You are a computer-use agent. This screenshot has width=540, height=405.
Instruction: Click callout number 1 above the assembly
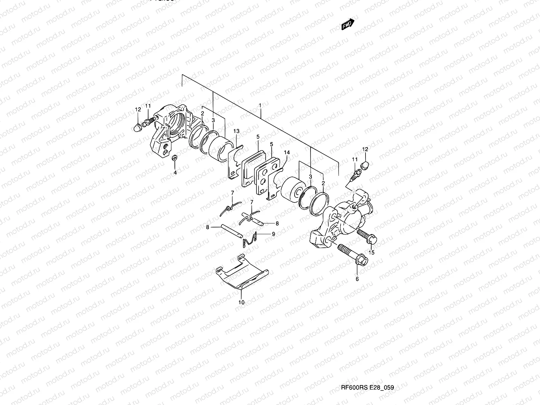[260, 106]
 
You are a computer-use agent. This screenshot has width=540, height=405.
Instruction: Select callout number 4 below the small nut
[175, 172]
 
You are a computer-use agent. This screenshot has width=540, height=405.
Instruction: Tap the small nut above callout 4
[174, 158]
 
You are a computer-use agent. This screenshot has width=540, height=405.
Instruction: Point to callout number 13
[236, 131]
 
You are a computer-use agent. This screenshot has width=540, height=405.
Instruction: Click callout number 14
[287, 153]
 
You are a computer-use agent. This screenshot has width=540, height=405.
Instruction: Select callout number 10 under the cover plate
[241, 302]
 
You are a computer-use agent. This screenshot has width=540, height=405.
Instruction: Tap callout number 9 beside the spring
[273, 234]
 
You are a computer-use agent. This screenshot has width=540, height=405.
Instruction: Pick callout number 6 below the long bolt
[357, 279]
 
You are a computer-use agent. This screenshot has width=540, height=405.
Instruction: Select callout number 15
[372, 252]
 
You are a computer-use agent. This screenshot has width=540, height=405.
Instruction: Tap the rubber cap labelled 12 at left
[138, 128]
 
